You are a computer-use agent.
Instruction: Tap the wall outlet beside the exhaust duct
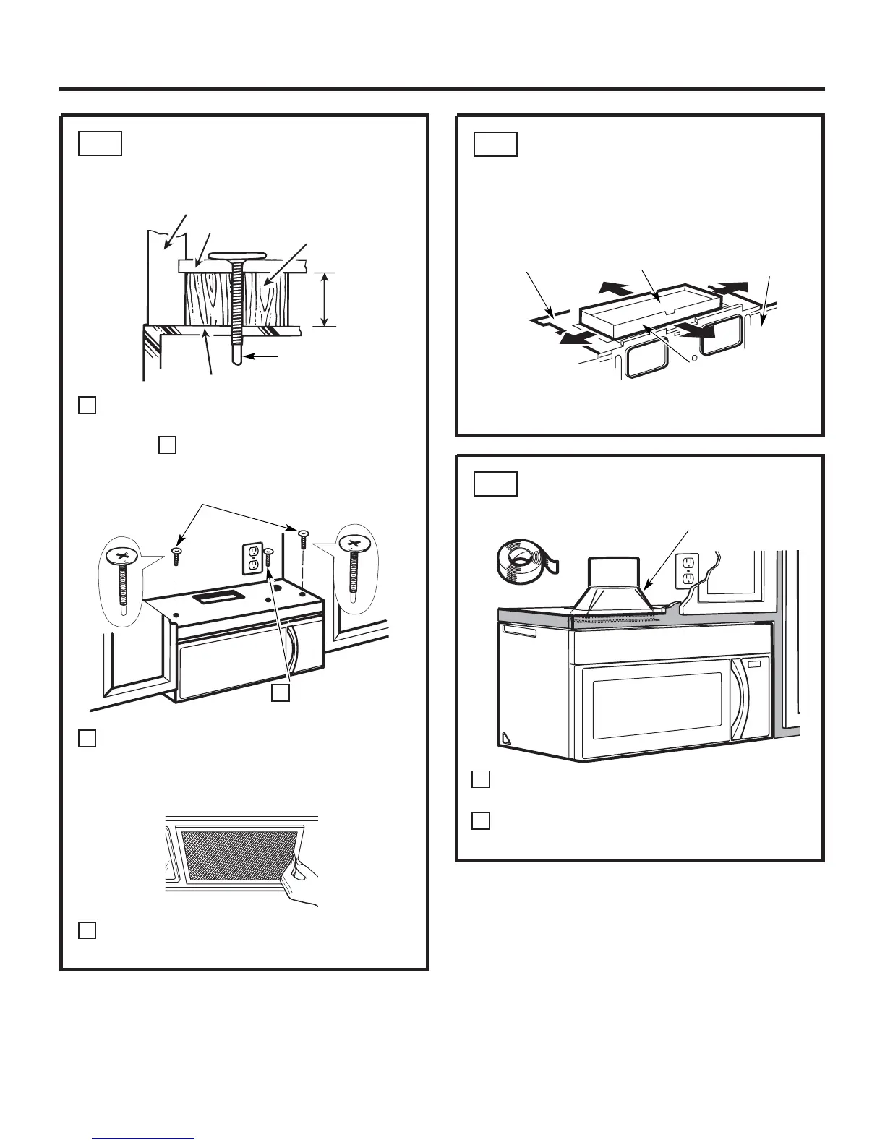[x=687, y=572]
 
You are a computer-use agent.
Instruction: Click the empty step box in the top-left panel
[x=100, y=143]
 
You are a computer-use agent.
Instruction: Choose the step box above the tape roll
[x=495, y=483]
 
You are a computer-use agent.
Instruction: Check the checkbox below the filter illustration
[x=86, y=930]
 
